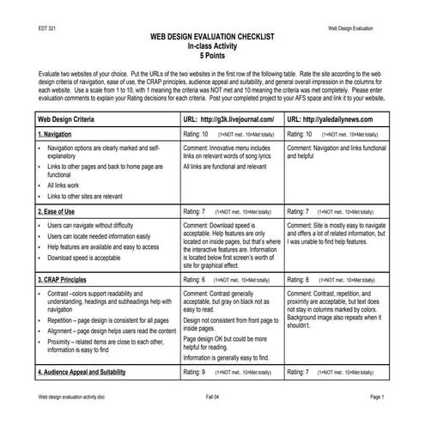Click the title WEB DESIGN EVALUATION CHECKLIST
coord(212,39)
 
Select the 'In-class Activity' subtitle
coord(212,48)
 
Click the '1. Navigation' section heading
coord(60,136)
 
